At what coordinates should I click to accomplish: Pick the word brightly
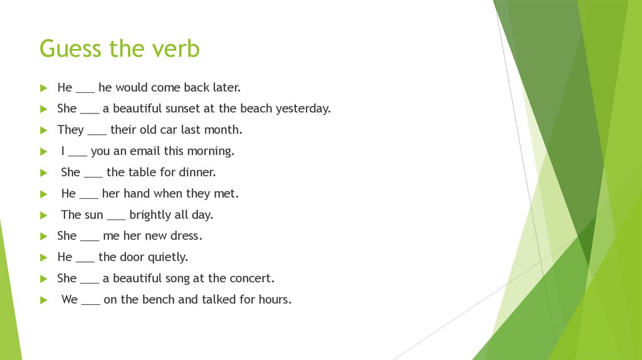tap(151, 215)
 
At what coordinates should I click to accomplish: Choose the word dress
tap(189, 236)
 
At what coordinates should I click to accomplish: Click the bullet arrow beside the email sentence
tap(43, 152)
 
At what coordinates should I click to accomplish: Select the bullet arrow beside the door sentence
tap(43, 258)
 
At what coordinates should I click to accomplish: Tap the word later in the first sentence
tap(226, 87)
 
